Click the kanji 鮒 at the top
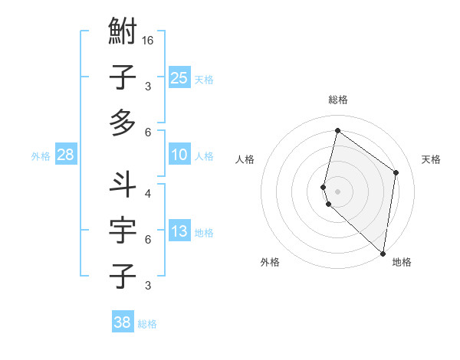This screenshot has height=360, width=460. (123, 33)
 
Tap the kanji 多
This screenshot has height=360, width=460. (123, 122)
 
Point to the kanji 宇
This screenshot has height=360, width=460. (123, 231)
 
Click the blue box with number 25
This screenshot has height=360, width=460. (179, 77)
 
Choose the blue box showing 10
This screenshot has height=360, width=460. (179, 155)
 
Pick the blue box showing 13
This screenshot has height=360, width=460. (179, 232)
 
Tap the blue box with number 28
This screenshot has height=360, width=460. (65, 155)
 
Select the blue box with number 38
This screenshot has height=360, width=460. (122, 322)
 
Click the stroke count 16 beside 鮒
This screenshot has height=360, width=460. (148, 40)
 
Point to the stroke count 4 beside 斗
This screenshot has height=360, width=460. (147, 193)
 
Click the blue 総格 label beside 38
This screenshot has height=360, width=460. (147, 324)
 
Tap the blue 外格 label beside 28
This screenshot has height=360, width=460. (41, 156)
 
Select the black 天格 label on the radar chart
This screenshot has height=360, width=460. (431, 159)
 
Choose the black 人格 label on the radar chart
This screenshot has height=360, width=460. (245, 159)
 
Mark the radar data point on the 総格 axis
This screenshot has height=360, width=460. (337, 131)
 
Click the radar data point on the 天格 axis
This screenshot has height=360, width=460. (396, 172)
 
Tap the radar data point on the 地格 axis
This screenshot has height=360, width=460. (383, 254)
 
